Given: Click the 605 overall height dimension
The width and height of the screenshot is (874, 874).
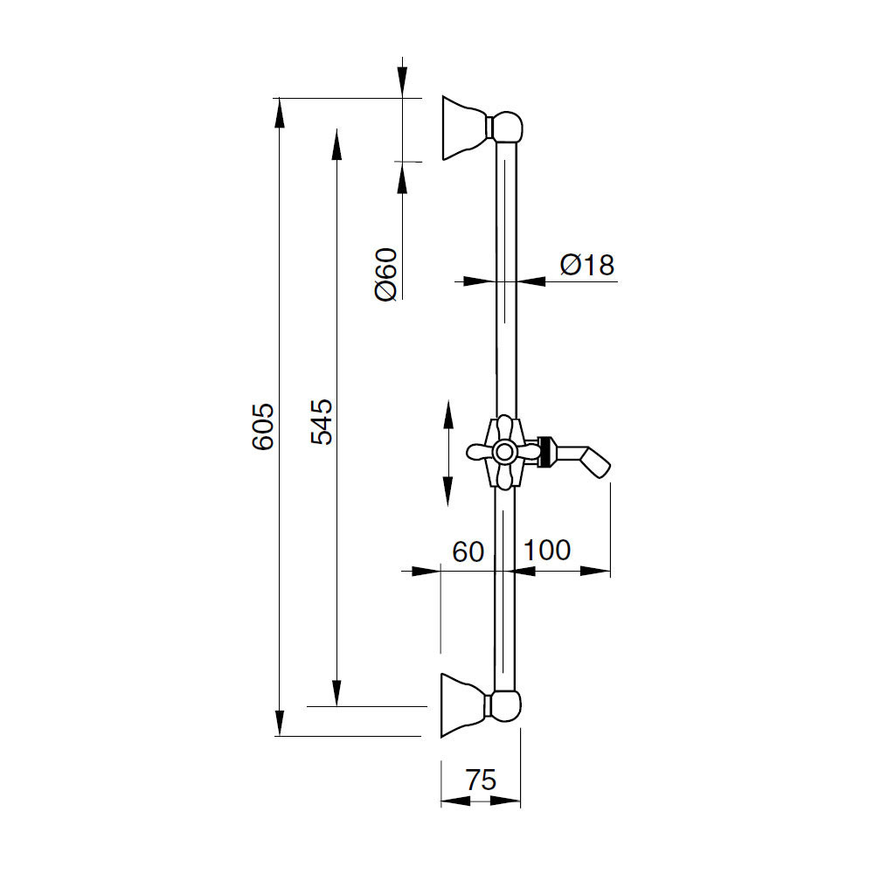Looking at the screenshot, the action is tap(263, 427).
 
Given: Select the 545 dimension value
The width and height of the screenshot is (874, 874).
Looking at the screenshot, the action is tap(322, 422).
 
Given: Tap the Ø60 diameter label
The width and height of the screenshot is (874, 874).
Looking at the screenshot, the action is tap(386, 274).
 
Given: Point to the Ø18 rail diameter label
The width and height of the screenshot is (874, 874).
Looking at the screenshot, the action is tap(587, 265).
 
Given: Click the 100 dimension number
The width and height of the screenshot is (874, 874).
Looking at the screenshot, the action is tap(547, 550).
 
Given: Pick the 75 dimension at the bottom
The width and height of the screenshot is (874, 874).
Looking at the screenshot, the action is tap(481, 780).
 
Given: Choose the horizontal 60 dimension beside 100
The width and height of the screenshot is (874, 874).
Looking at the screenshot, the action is tap(468, 551).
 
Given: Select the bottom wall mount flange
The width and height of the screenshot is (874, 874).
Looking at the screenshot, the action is tap(464, 705).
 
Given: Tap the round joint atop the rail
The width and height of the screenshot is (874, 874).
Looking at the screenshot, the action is tap(507, 127).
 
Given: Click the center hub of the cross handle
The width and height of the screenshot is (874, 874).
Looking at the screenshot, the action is tap(505, 452).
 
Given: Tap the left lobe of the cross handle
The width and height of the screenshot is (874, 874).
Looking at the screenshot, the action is tap(479, 452).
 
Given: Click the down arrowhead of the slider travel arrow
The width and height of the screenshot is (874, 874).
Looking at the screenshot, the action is tap(447, 491).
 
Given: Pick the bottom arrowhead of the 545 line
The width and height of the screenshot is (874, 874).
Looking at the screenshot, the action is tap(336, 691).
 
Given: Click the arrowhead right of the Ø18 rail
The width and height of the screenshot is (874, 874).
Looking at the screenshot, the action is tap(531, 281).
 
